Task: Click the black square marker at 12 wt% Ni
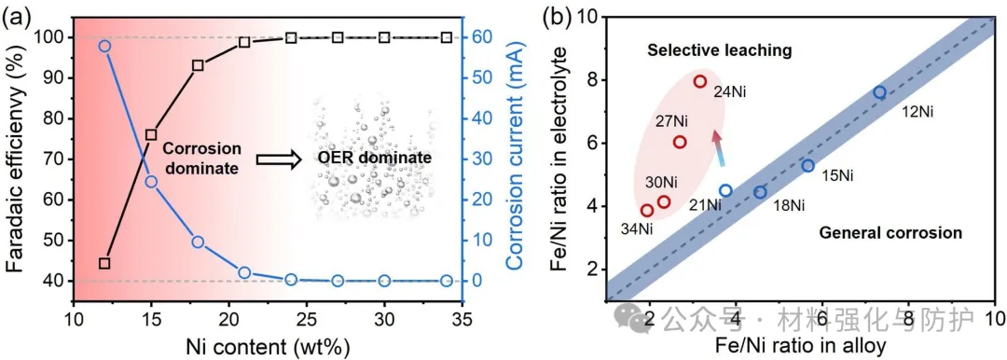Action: tap(105, 263)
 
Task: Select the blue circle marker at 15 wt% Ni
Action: tap(152, 182)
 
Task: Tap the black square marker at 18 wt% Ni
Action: tap(198, 65)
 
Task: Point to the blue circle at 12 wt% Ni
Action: tap(105, 47)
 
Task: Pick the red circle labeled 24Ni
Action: tap(700, 81)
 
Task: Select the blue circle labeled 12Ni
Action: tap(879, 92)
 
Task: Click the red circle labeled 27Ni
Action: tap(680, 142)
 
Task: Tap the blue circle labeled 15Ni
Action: tap(807, 166)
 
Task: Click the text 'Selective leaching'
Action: tap(719, 50)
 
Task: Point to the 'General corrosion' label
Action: tap(890, 233)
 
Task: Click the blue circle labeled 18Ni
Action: tap(761, 191)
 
